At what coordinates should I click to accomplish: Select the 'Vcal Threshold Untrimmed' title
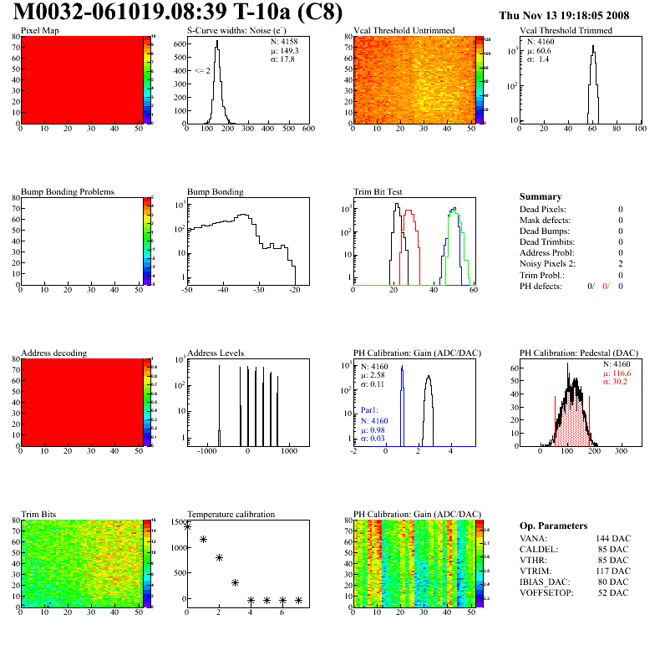404,31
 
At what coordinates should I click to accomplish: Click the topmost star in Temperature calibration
187,526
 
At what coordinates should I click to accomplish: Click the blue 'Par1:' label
370,411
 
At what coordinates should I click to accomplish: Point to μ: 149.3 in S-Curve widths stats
282,50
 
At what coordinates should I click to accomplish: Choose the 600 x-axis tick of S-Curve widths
307,129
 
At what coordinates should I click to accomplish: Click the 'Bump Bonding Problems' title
68,192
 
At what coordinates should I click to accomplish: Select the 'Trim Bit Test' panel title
378,192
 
